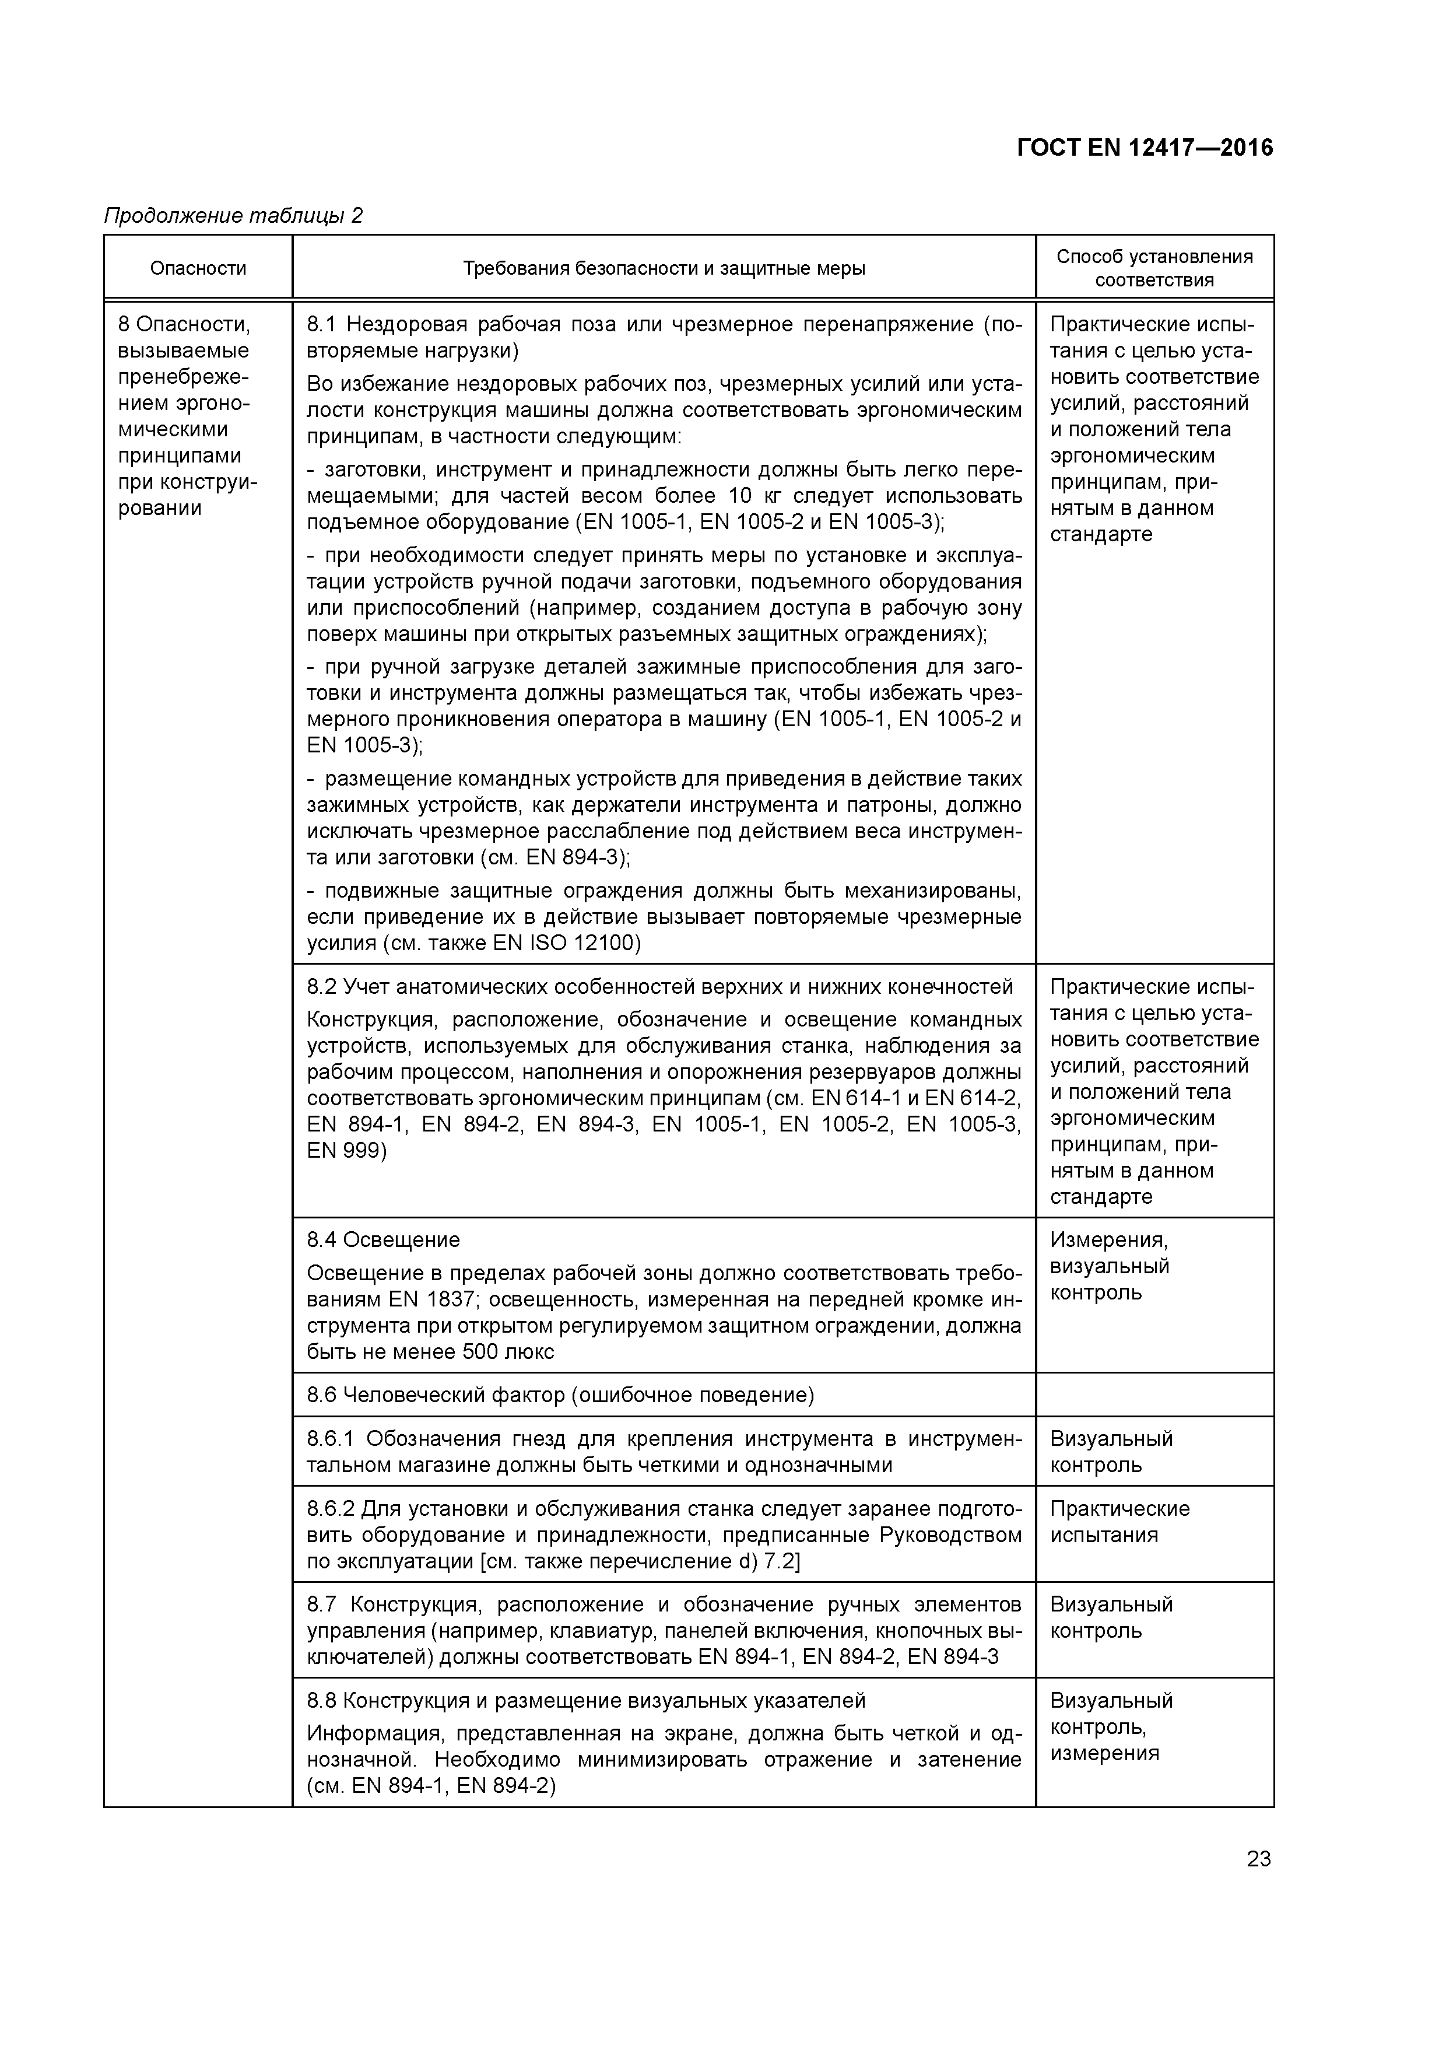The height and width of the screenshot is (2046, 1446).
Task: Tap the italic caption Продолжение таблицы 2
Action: point(233,216)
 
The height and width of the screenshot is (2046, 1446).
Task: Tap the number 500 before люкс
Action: point(483,1352)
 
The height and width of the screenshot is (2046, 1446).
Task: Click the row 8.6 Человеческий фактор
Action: point(560,1395)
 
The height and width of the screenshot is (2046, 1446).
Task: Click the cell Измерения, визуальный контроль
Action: point(1109,1266)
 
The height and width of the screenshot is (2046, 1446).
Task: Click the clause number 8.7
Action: point(322,1605)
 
